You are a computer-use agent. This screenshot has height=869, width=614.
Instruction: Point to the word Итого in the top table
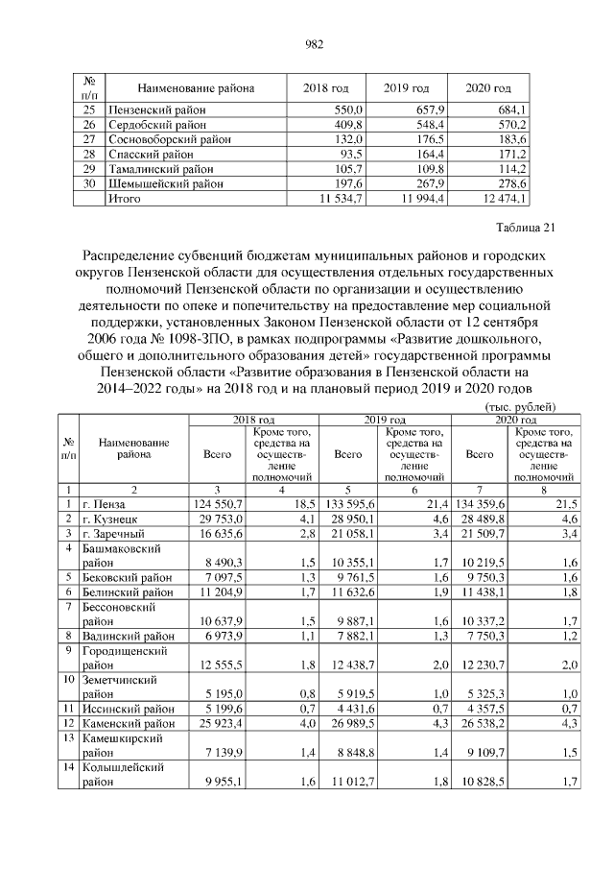(126, 198)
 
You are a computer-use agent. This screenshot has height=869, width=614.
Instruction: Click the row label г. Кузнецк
(111, 519)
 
